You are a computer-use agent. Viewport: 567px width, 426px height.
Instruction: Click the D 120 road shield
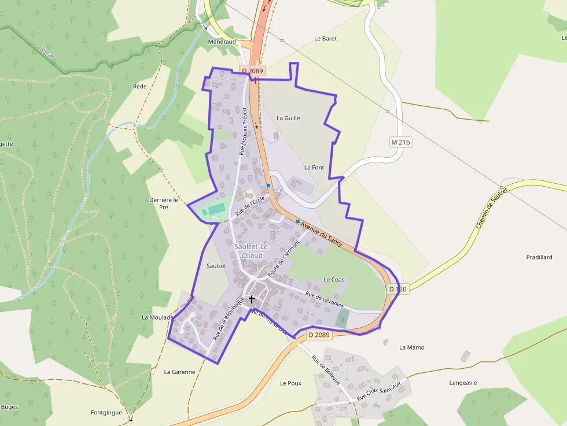(x=398, y=288)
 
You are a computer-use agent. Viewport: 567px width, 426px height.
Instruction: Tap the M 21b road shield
(x=400, y=142)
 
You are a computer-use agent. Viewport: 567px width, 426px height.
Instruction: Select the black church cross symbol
(x=252, y=299)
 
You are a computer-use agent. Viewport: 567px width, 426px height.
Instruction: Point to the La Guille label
(x=288, y=118)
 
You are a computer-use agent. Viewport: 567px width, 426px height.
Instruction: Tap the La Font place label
(x=314, y=167)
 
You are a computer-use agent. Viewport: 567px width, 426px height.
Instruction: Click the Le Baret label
(x=325, y=39)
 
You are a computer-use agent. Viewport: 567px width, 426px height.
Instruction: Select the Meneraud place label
(x=222, y=42)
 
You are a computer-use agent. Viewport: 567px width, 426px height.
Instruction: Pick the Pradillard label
(x=539, y=257)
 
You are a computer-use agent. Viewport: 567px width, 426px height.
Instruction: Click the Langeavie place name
(x=463, y=383)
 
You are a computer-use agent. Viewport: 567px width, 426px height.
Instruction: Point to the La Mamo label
(x=412, y=347)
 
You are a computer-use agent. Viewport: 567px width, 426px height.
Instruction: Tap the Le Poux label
(x=291, y=383)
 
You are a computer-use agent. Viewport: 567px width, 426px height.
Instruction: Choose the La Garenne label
(x=179, y=372)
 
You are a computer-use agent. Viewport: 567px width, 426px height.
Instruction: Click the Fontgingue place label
(x=106, y=413)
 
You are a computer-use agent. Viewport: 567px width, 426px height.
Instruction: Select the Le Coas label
(x=334, y=280)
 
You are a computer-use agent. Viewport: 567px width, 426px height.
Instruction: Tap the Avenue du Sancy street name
(x=322, y=232)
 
